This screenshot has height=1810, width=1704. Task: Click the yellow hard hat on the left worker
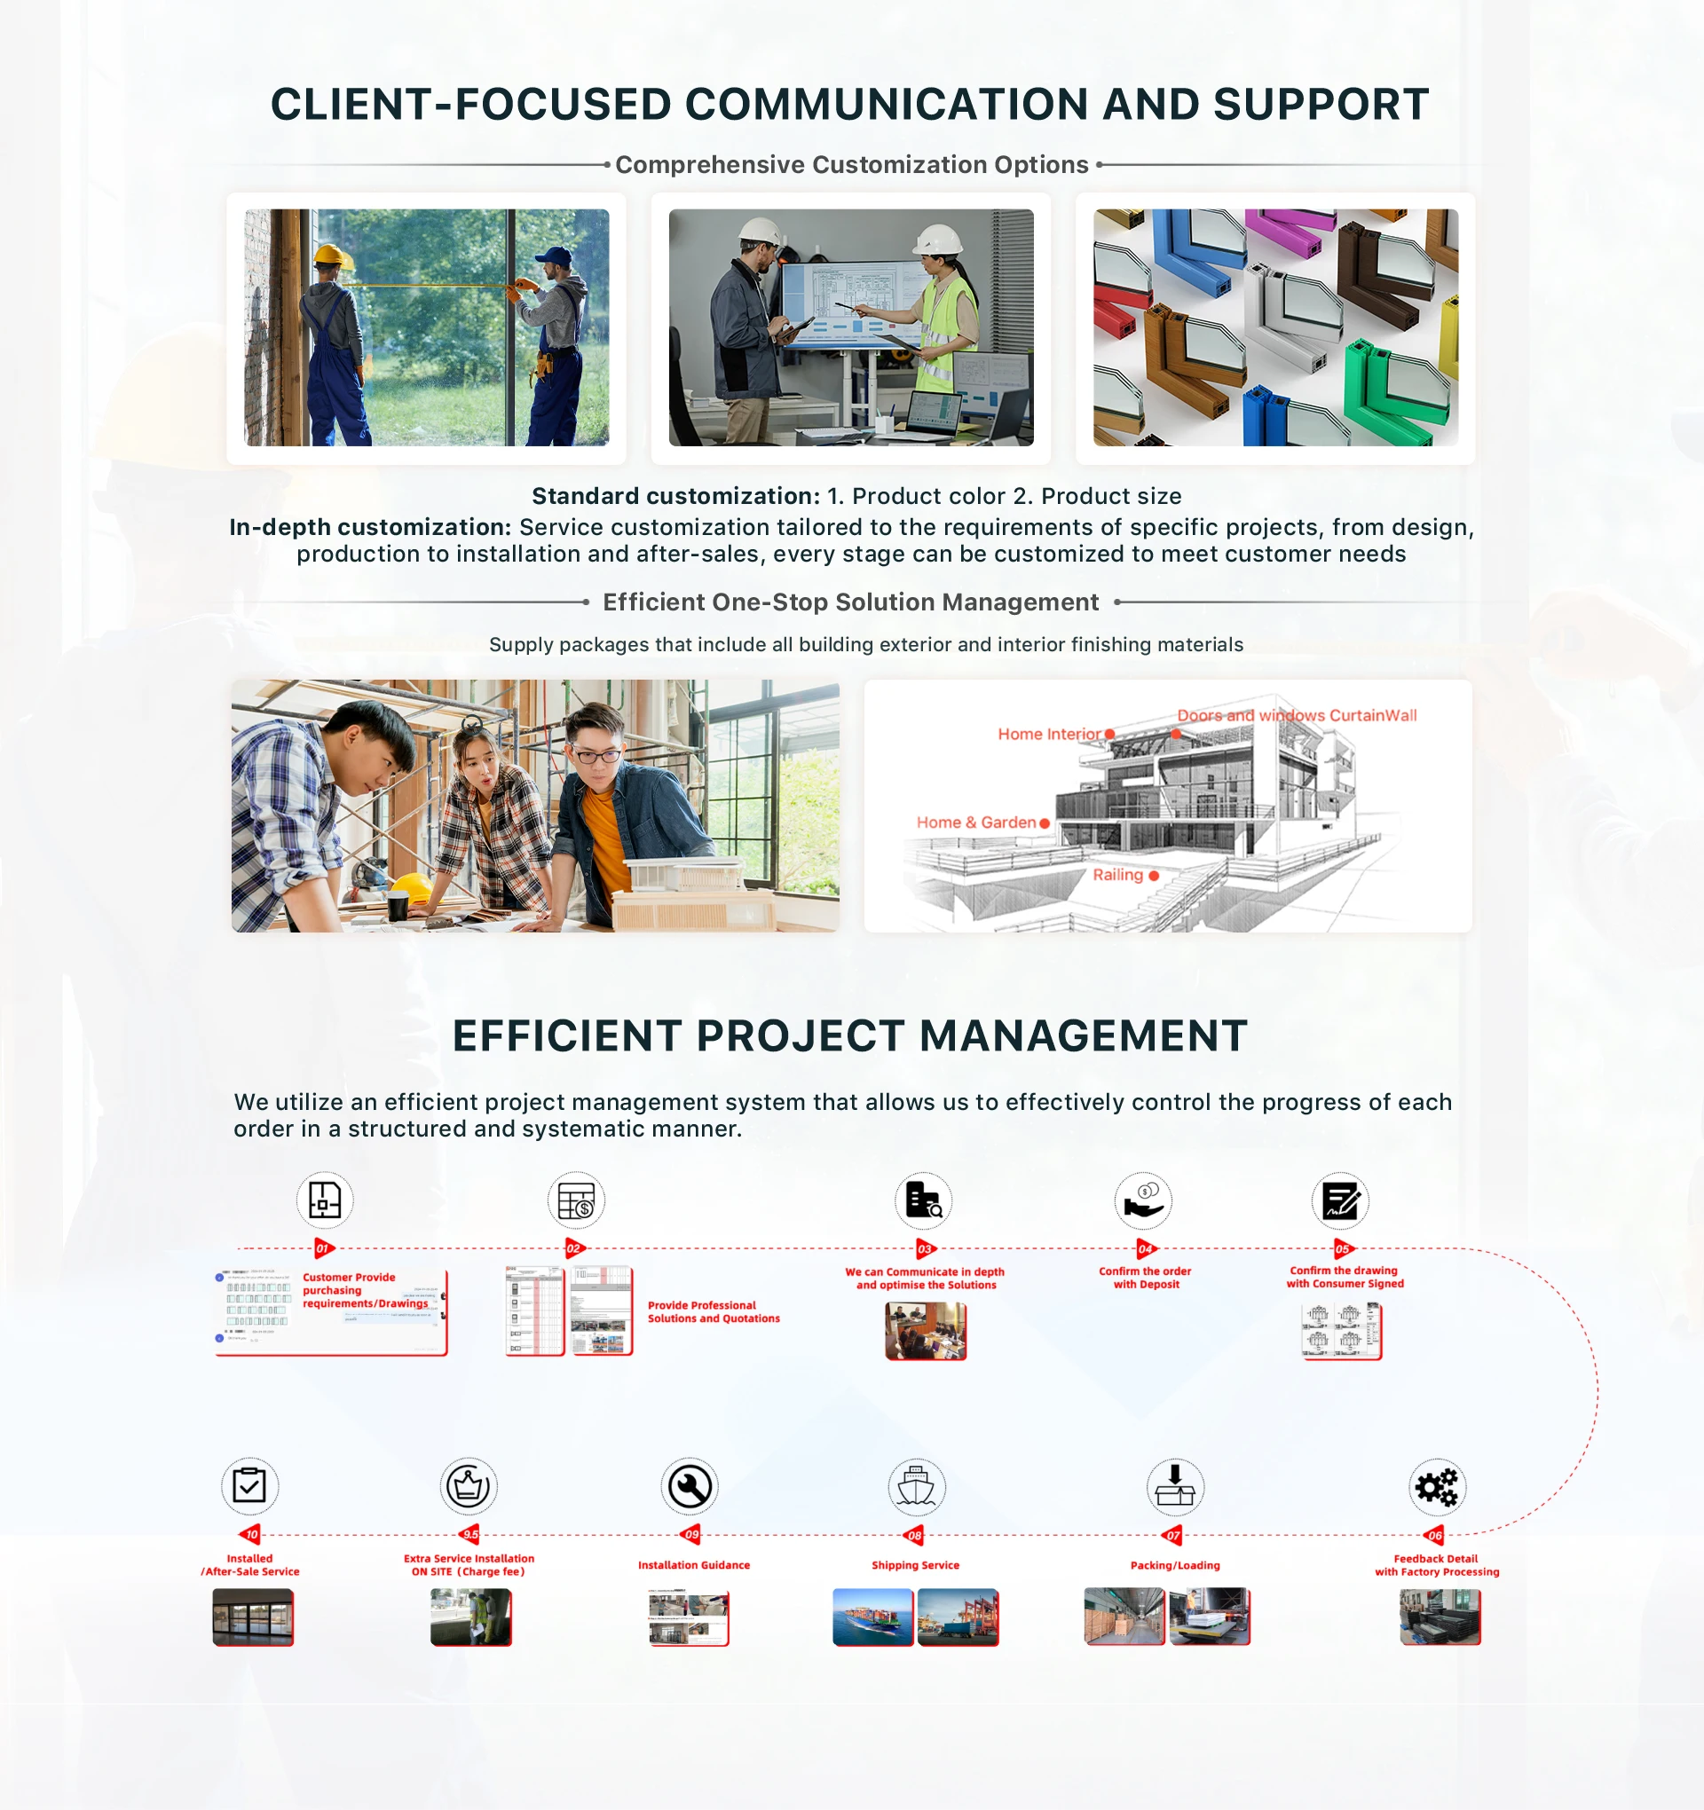tap(333, 256)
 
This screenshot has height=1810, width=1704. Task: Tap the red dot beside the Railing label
tap(1154, 876)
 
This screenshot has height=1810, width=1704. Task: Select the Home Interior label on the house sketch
tap(1049, 734)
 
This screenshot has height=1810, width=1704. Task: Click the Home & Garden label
tap(975, 822)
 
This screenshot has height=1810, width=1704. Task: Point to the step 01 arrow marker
tap(323, 1248)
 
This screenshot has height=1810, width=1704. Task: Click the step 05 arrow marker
tap(1343, 1248)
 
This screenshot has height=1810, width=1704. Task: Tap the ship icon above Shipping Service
tap(916, 1487)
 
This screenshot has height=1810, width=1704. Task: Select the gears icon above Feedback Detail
tap(1436, 1487)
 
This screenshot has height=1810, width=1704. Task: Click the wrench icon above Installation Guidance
tap(690, 1487)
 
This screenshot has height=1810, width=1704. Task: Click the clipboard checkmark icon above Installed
tap(249, 1486)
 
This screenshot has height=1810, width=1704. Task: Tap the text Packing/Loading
tap(1175, 1565)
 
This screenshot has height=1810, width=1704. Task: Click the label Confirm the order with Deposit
tap(1145, 1278)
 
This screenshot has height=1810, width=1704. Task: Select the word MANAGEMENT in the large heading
tap(1083, 1036)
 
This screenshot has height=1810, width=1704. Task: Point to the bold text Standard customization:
tap(675, 496)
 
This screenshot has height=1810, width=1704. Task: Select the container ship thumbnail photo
tap(872, 1617)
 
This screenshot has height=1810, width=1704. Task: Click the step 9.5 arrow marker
tap(470, 1534)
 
